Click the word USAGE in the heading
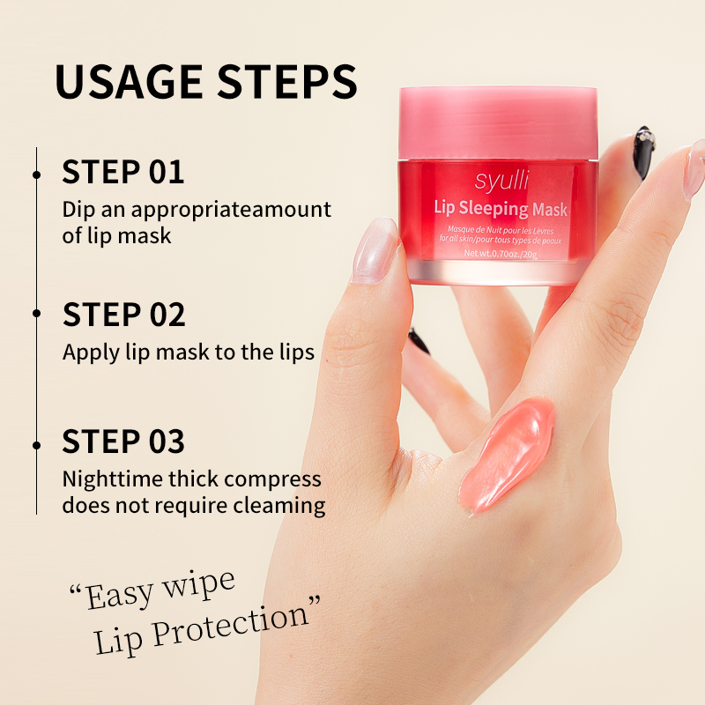(129, 81)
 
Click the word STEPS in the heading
(287, 81)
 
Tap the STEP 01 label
(122, 172)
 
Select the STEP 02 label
(123, 315)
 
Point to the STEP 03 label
(123, 442)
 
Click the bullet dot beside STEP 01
(37, 174)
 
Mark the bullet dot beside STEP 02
(37, 313)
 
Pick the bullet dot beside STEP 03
(37, 445)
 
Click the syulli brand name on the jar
(501, 181)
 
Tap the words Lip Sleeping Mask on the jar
(501, 209)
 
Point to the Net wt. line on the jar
(501, 254)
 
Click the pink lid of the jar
(498, 122)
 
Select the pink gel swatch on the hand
(508, 454)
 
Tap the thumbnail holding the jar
(375, 250)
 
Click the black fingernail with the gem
(643, 152)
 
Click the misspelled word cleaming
(279, 505)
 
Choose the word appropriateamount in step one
(231, 210)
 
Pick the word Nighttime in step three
(112, 479)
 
